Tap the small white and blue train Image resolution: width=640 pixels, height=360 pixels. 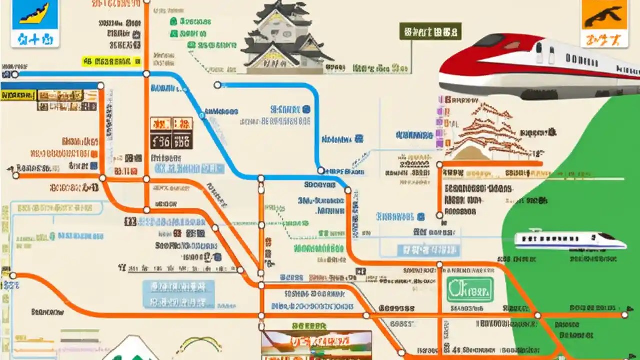(570, 240)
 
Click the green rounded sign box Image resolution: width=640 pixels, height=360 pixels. (470, 289)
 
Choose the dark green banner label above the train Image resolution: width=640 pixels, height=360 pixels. (430, 32)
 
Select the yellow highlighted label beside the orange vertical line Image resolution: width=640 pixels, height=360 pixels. (112, 61)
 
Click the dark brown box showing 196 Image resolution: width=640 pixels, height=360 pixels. (171, 141)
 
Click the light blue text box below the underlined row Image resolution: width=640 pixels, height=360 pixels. (178, 294)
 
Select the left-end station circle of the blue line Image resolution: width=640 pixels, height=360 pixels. (15, 74)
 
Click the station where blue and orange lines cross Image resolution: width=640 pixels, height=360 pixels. (146, 74)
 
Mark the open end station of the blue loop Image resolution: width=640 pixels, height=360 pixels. (217, 85)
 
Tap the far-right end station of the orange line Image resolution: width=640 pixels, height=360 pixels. (624, 315)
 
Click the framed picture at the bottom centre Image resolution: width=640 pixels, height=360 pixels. (316, 344)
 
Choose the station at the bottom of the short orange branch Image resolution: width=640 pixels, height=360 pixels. (439, 215)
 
